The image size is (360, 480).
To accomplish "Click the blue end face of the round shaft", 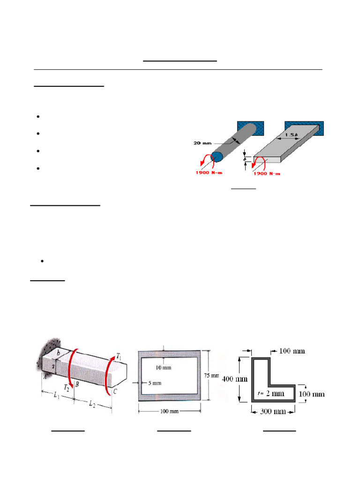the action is pyautogui.click(x=217, y=156).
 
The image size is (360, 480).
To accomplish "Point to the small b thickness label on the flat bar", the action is pyautogui.click(x=246, y=159).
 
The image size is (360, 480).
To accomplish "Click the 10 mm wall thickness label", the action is pyautogui.click(x=164, y=367).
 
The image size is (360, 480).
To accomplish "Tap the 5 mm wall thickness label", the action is pyautogui.click(x=153, y=383).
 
